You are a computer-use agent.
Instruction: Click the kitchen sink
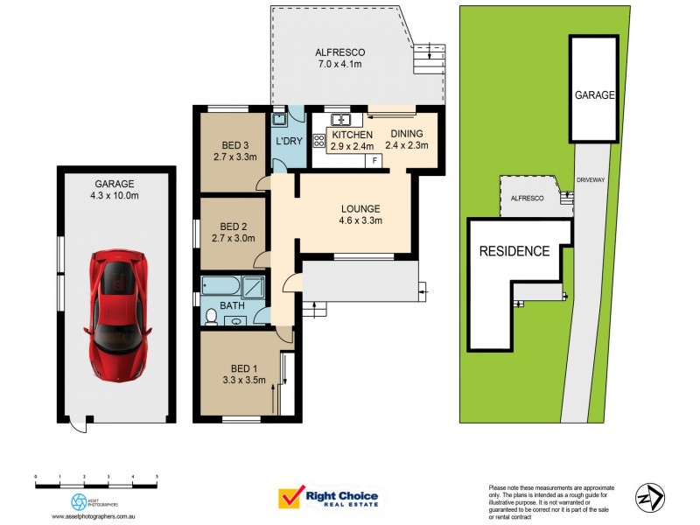pyautogui.click(x=339, y=119)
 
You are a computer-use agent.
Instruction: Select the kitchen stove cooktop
pyautogui.click(x=318, y=138)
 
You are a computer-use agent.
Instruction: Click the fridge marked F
pyautogui.click(x=374, y=160)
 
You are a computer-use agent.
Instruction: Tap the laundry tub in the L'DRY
pyautogui.click(x=279, y=119)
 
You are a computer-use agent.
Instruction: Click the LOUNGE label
pyautogui.click(x=360, y=208)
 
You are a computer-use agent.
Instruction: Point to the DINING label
pyautogui.click(x=406, y=134)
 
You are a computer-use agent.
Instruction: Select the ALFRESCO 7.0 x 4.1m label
pyautogui.click(x=339, y=59)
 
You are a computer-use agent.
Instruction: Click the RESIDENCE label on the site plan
pyautogui.click(x=514, y=251)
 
